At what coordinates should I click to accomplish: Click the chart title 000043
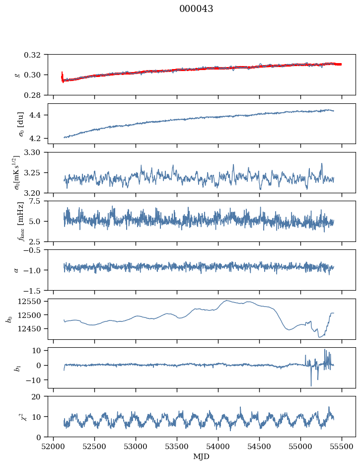coord(196,9)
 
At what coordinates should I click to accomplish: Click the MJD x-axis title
coord(201,457)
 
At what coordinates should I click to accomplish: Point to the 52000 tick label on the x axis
coord(53,447)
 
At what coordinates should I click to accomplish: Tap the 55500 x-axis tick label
coord(342,447)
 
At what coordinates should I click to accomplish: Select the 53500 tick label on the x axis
coord(177,447)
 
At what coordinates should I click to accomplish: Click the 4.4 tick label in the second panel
coord(36,115)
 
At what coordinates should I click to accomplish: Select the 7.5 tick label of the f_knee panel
coord(36,201)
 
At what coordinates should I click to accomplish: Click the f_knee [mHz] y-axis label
coord(20,221)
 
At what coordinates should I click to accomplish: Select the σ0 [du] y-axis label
coord(20,124)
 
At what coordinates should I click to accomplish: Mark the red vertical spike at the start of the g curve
coord(62,77)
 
